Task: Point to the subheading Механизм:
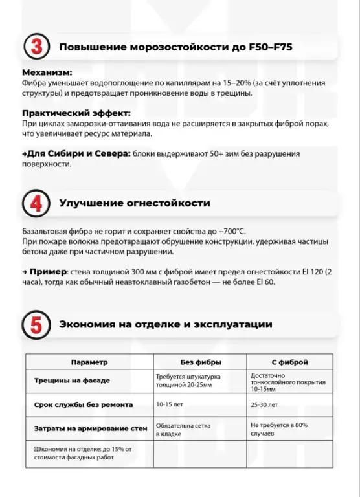(x=47, y=72)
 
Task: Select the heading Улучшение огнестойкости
(x=134, y=203)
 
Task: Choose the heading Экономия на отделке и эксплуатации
(x=166, y=324)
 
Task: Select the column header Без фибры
(x=200, y=362)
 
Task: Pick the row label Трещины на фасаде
(x=72, y=381)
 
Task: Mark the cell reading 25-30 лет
(x=264, y=404)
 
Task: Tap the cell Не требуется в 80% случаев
(x=278, y=430)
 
